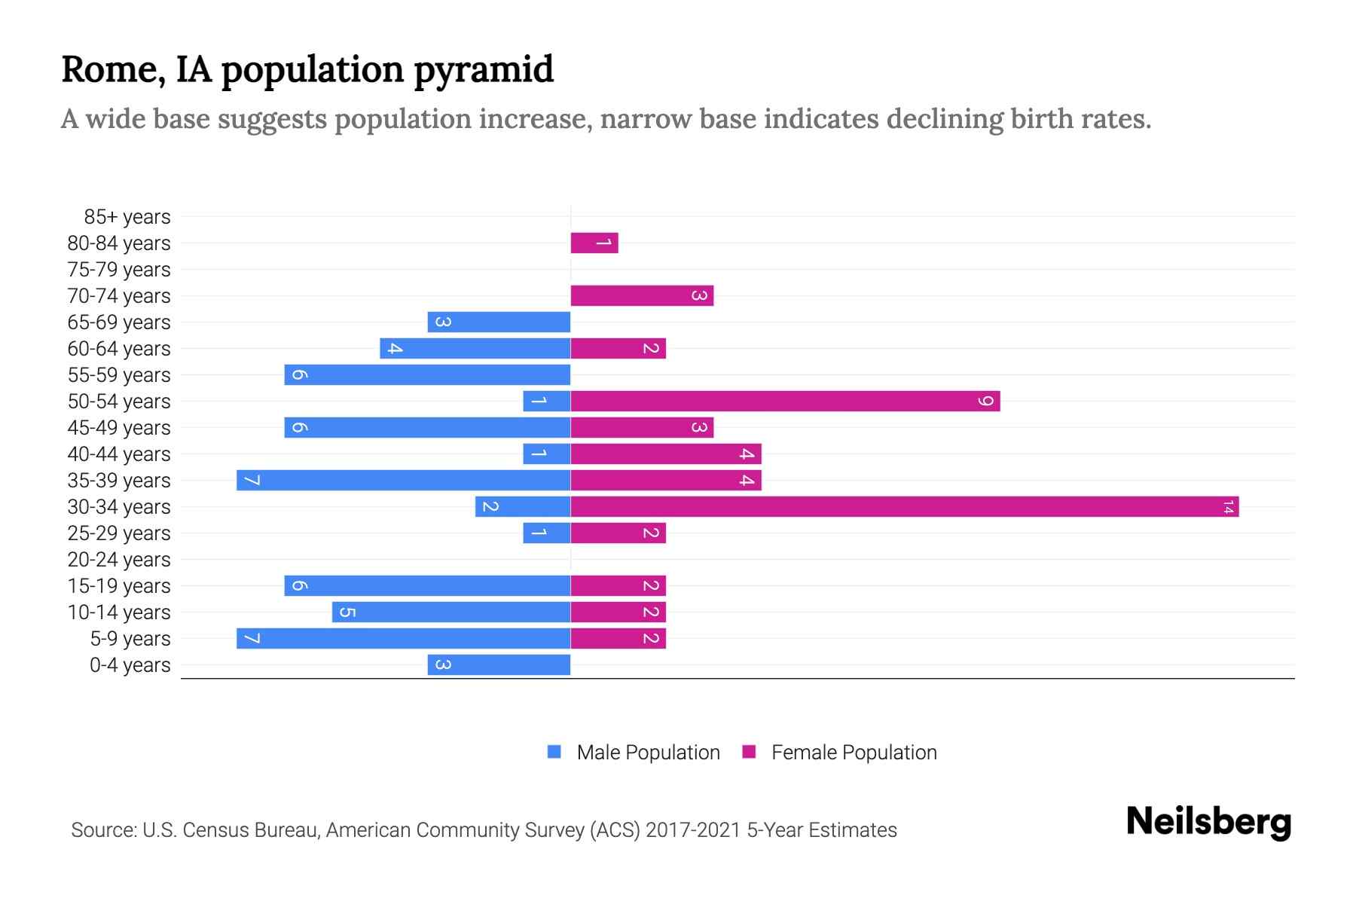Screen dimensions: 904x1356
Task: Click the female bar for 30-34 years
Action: tap(904, 506)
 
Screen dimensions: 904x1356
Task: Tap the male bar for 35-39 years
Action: tap(403, 480)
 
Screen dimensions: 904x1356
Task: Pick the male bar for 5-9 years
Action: tap(403, 638)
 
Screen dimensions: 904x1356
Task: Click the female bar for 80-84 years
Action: tap(594, 243)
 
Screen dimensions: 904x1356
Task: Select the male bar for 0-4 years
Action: tap(499, 664)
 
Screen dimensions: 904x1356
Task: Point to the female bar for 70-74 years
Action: tap(642, 295)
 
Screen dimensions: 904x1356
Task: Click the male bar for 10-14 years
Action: tap(450, 612)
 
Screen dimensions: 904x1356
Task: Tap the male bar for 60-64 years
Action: tap(475, 348)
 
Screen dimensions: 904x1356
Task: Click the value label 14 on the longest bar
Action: tap(1228, 507)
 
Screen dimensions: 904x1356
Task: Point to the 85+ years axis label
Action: tap(127, 217)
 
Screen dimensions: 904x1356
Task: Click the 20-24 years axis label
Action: tap(119, 560)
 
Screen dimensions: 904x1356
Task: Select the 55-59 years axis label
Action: tap(119, 375)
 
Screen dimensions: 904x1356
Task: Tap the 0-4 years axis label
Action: tap(130, 665)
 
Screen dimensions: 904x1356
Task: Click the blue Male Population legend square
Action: tap(554, 752)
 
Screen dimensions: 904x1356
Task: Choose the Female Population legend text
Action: tap(854, 753)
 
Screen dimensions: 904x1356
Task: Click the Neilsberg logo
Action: tap(1208, 821)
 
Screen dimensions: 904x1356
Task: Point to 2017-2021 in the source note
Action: tap(693, 830)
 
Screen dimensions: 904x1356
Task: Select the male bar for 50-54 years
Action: tap(546, 401)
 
